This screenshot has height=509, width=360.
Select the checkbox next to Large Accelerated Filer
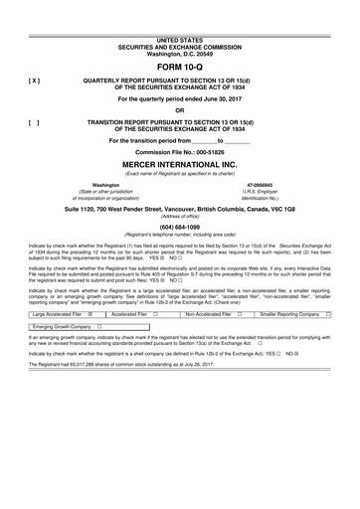(90, 340)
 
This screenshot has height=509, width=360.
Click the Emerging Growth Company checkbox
(100, 354)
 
